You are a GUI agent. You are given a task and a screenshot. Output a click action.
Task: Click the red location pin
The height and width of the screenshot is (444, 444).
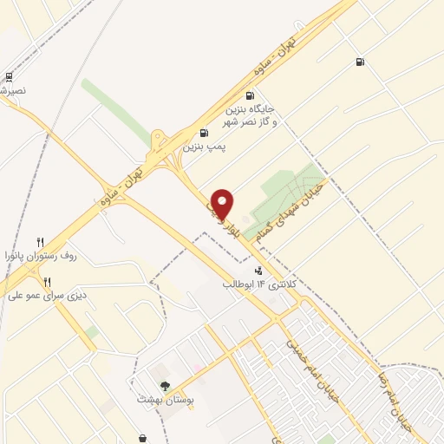(223, 203)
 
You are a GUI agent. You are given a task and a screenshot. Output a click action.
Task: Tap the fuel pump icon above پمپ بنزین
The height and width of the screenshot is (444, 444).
(204, 133)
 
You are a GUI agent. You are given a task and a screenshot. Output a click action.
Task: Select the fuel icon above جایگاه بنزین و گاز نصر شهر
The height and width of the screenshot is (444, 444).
(251, 96)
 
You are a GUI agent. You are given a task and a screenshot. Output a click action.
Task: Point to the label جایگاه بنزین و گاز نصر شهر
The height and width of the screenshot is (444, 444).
(251, 117)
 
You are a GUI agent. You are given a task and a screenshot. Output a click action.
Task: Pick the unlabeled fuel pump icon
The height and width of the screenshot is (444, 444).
(359, 62)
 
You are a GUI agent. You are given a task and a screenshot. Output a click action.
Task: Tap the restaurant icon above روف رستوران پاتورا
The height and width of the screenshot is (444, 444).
(40, 242)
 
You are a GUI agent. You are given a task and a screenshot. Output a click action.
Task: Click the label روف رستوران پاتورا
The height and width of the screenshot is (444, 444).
(42, 257)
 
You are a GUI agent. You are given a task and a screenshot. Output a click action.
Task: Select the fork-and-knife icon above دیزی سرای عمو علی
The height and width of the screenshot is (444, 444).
(48, 281)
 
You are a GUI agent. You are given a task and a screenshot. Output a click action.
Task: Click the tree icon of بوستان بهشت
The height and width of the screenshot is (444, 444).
(164, 386)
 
